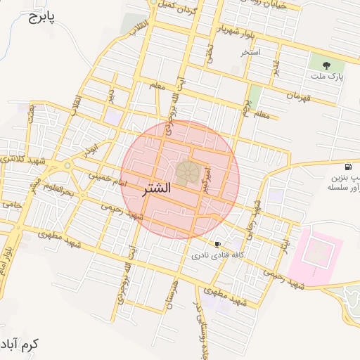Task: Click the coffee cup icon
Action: (218, 244)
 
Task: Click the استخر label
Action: (250, 53)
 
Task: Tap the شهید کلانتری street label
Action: (21, 161)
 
